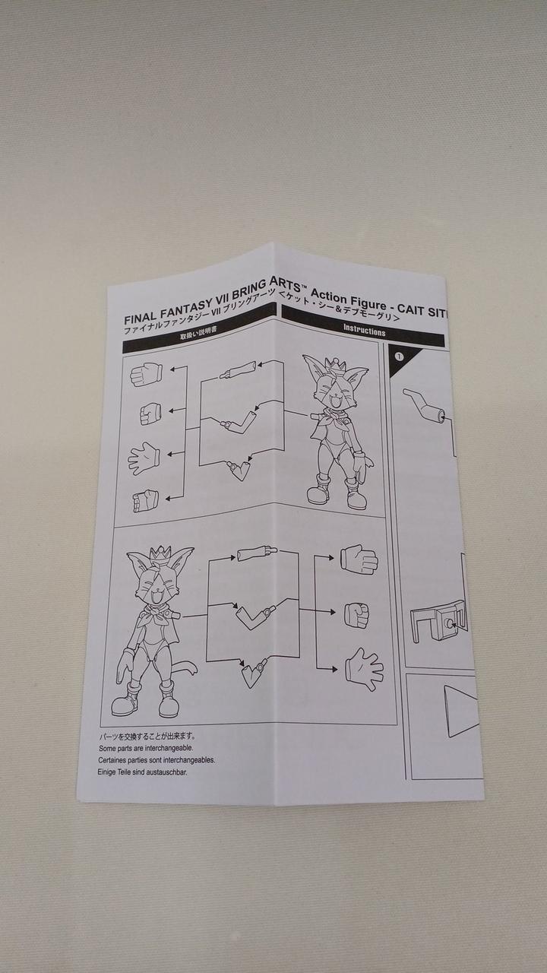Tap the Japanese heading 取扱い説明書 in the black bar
point(198,335)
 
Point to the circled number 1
point(400,357)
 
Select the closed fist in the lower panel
point(357,615)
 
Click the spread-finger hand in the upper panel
point(144,458)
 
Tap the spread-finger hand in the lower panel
point(364,670)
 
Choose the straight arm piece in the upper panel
point(239,370)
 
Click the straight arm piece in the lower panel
point(257,553)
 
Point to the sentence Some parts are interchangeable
point(146,749)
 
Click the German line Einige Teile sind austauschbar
point(142,772)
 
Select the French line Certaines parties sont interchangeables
point(157,760)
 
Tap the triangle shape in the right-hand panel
point(461,711)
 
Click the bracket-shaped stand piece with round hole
point(438,620)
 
